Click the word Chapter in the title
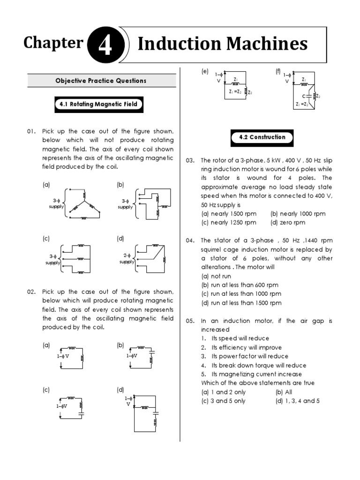coord(53,43)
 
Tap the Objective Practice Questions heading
coord(102,81)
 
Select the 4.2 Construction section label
coord(262,137)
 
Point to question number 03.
coord(190,160)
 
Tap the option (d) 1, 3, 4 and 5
coord(298,401)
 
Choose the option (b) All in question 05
coord(284,392)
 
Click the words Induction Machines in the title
coord(223,44)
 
